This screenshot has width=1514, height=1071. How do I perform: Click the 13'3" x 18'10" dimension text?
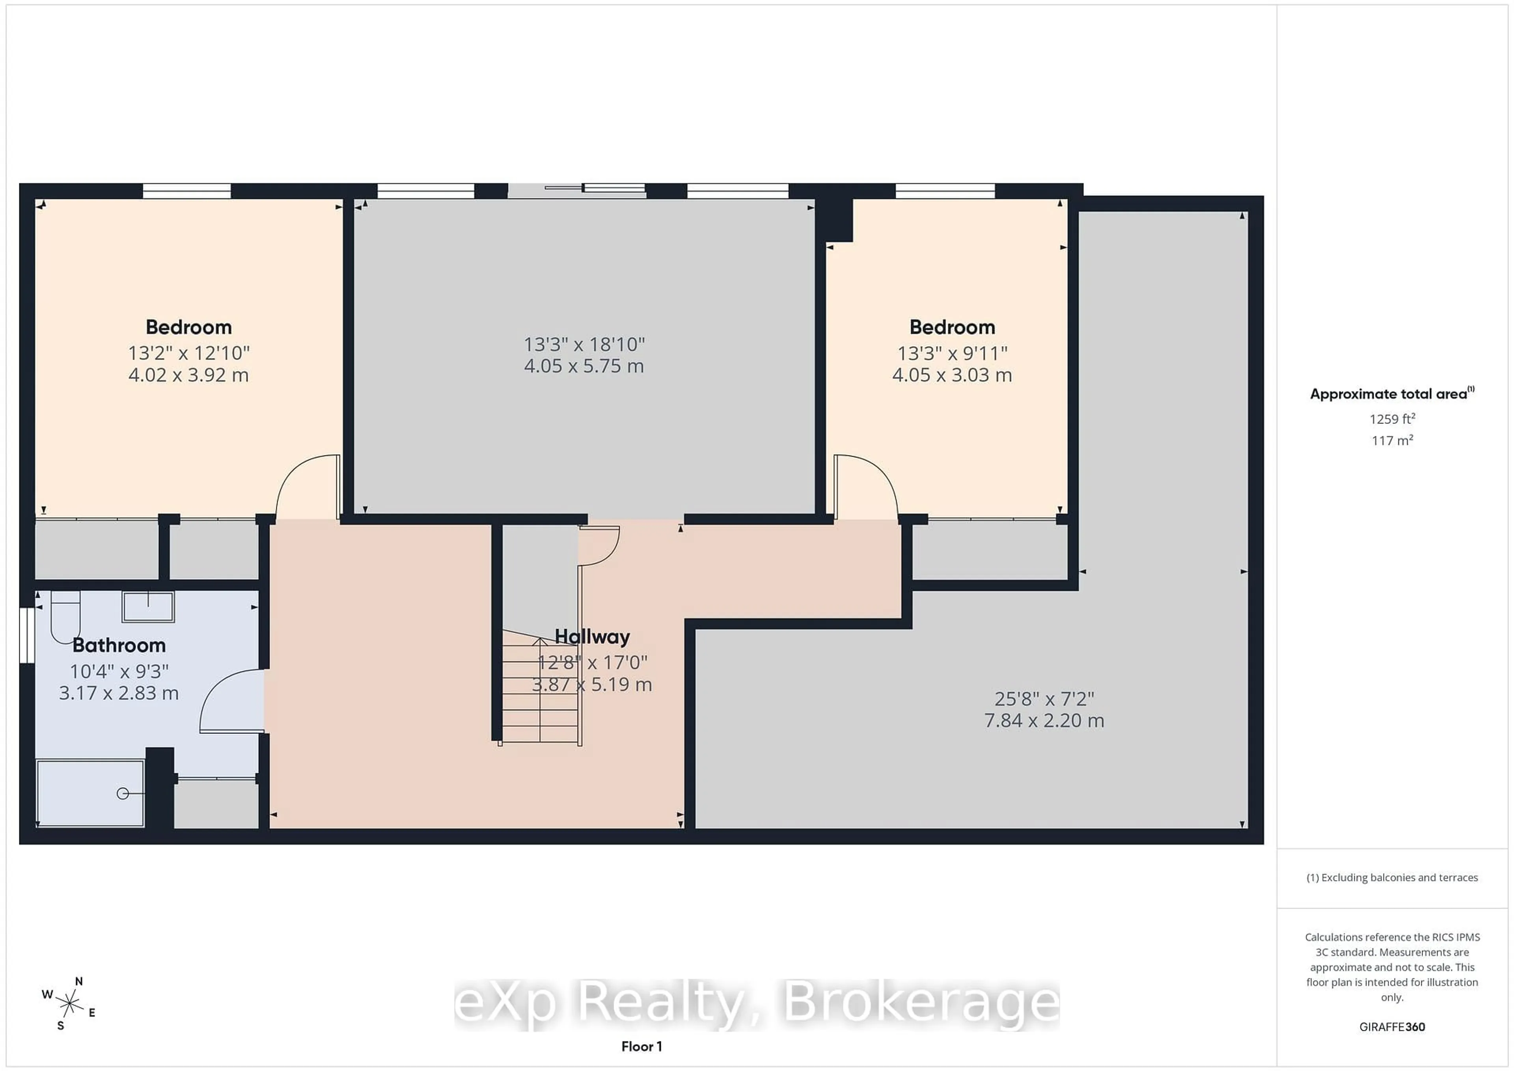tap(584, 344)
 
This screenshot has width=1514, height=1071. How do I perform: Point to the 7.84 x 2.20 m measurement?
tap(1044, 720)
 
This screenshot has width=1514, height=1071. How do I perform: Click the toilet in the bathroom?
tap(65, 617)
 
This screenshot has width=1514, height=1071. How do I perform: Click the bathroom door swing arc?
tap(227, 699)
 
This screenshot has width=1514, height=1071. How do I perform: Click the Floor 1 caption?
tap(641, 1047)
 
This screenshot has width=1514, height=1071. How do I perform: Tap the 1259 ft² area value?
tap(1392, 419)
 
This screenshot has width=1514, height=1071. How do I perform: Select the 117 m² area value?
tap(1392, 440)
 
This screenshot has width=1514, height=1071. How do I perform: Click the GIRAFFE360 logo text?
tap(1392, 1027)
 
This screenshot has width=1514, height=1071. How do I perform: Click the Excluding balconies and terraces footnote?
tap(1392, 878)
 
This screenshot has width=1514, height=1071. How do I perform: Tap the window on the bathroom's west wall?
tap(26, 635)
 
